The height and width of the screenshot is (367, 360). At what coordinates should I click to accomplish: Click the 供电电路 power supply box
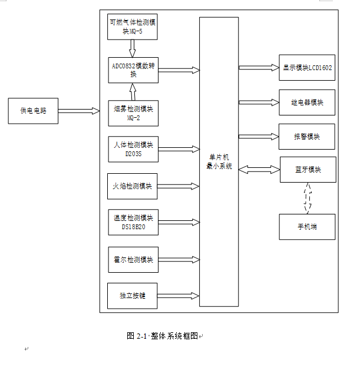click(x=33, y=111)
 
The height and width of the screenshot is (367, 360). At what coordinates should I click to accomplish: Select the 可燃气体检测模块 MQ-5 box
click(x=133, y=27)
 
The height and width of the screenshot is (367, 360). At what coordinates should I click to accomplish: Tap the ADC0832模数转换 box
click(x=133, y=70)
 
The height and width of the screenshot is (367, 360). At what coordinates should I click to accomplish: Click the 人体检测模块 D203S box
click(x=133, y=149)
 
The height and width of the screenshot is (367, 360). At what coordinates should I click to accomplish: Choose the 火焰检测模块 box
click(x=133, y=186)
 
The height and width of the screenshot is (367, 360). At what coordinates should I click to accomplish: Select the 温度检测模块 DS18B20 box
click(x=133, y=222)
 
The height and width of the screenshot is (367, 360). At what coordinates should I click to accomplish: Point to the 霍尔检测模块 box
click(x=133, y=260)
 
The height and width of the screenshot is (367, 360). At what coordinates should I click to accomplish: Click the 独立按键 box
click(x=133, y=296)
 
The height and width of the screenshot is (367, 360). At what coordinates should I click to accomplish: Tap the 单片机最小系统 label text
click(x=219, y=162)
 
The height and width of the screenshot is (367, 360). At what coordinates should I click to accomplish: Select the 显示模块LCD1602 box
click(x=307, y=68)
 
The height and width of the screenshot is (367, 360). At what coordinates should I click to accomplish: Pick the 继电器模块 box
click(x=307, y=103)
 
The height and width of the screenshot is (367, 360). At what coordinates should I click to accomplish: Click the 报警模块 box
click(x=307, y=137)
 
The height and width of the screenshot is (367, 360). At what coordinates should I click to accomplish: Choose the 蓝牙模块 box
click(x=308, y=170)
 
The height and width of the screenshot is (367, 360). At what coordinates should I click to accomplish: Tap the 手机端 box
click(x=307, y=227)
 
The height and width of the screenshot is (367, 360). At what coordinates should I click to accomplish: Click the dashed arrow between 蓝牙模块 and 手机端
click(x=306, y=199)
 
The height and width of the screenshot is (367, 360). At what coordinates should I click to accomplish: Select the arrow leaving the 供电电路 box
click(x=79, y=111)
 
